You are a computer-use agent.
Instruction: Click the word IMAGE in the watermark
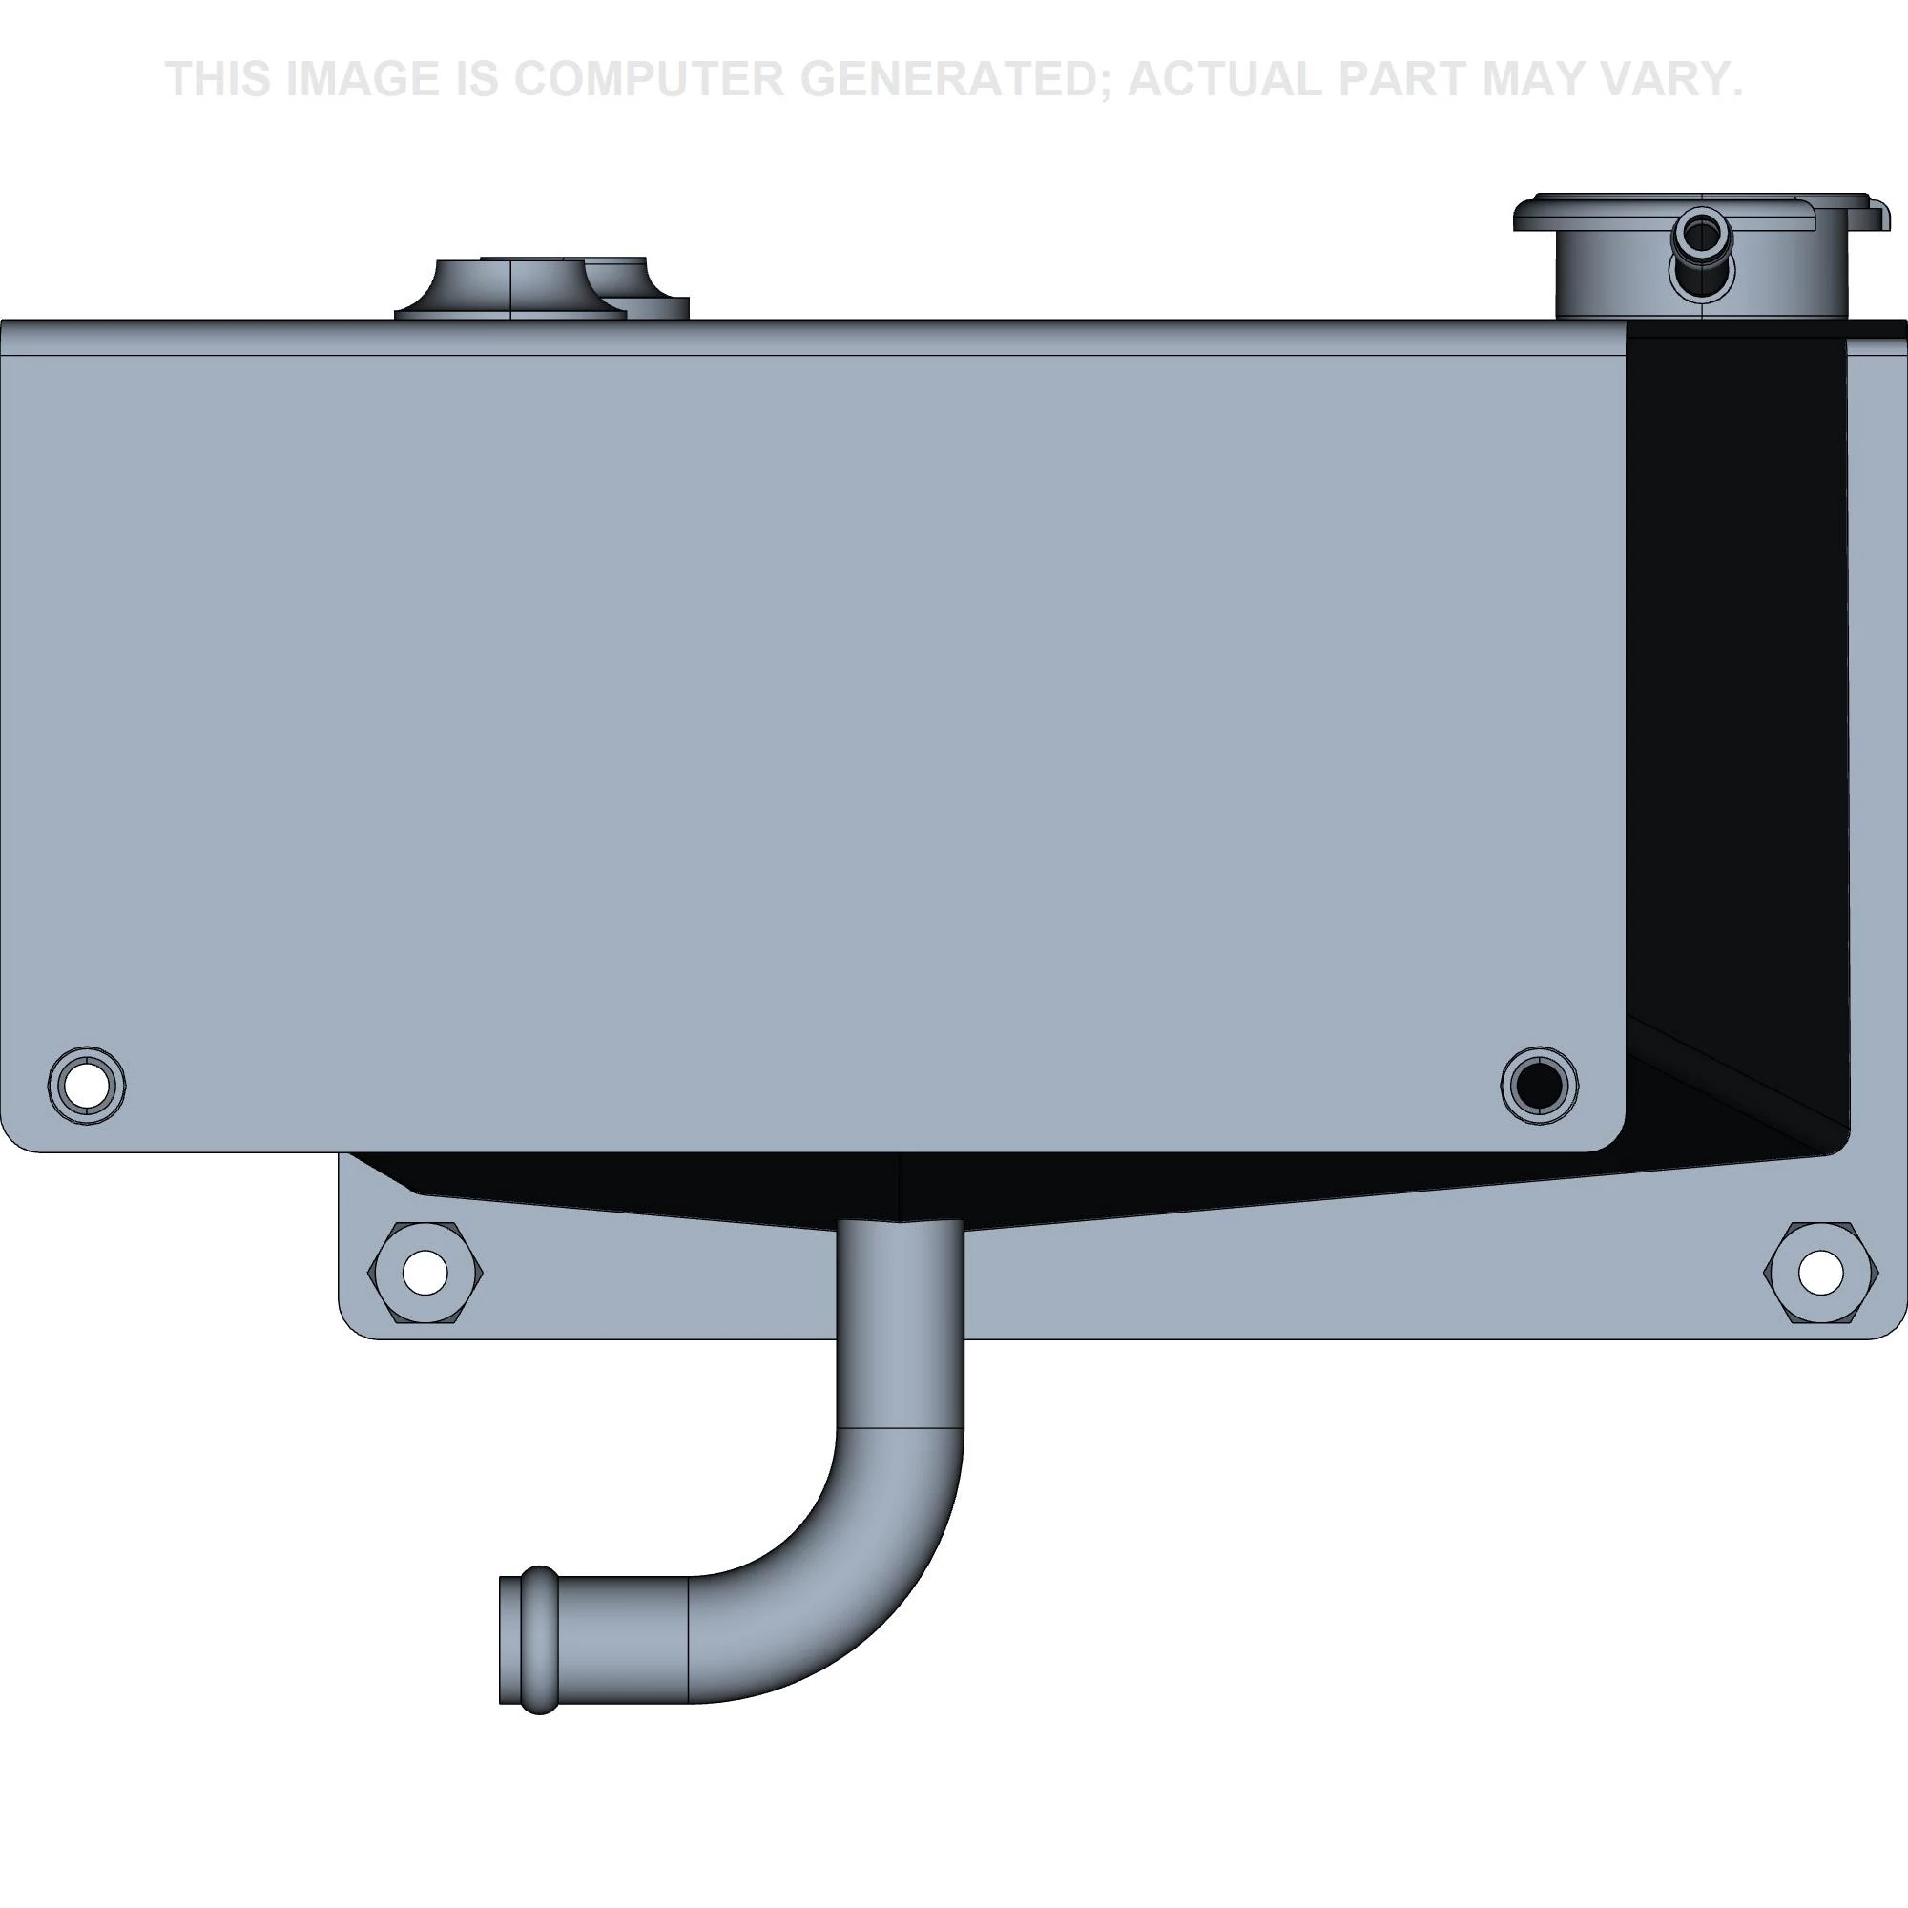(x=362, y=79)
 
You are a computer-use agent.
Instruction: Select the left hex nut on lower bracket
(x=425, y=1272)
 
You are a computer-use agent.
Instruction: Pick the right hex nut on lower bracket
(x=1820, y=1272)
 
